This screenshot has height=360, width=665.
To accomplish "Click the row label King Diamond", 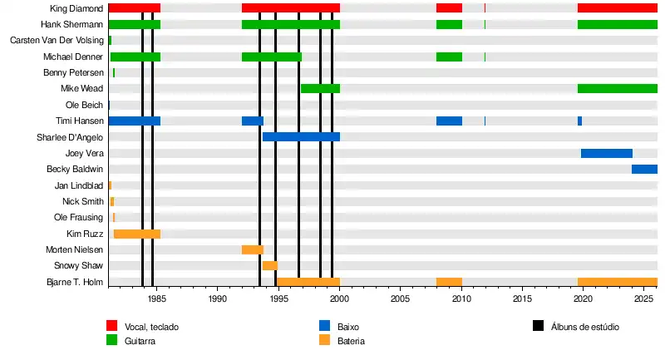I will (x=76, y=8).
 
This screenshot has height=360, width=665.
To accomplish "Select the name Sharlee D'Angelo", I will (x=70, y=137).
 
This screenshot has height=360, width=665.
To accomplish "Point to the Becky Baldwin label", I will (x=75, y=170).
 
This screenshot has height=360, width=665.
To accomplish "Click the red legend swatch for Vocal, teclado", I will (x=111, y=327).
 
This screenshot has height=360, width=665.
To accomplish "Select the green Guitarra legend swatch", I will (x=111, y=341).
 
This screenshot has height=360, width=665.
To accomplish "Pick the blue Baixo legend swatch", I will (x=325, y=327).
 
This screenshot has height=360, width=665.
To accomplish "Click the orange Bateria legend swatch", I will (x=325, y=341).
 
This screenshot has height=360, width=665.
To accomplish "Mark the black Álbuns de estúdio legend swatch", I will (x=538, y=327).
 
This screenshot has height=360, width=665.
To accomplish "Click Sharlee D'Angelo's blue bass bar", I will (x=301, y=137).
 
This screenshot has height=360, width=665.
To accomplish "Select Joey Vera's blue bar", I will (x=607, y=154).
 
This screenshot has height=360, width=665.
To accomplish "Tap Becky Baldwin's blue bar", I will (x=644, y=170).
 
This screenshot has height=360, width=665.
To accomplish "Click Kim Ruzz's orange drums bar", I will (x=137, y=234).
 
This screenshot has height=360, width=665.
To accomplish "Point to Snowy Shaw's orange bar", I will (x=270, y=266).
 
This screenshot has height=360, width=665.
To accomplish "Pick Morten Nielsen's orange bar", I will (x=253, y=250).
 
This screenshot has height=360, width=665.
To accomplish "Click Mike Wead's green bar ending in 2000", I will (x=320, y=89).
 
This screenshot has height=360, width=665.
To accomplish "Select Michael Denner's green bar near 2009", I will (x=449, y=57).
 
